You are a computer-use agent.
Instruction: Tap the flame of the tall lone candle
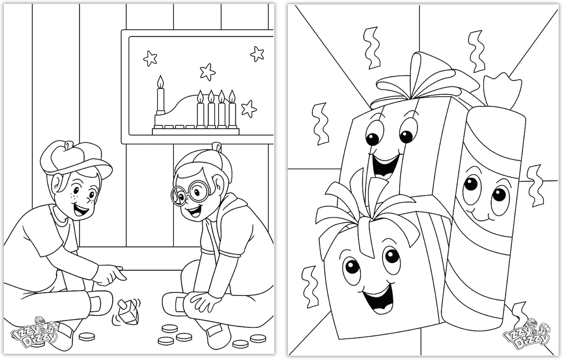[x=161, y=82]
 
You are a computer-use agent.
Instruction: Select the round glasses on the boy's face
[x=185, y=193]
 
